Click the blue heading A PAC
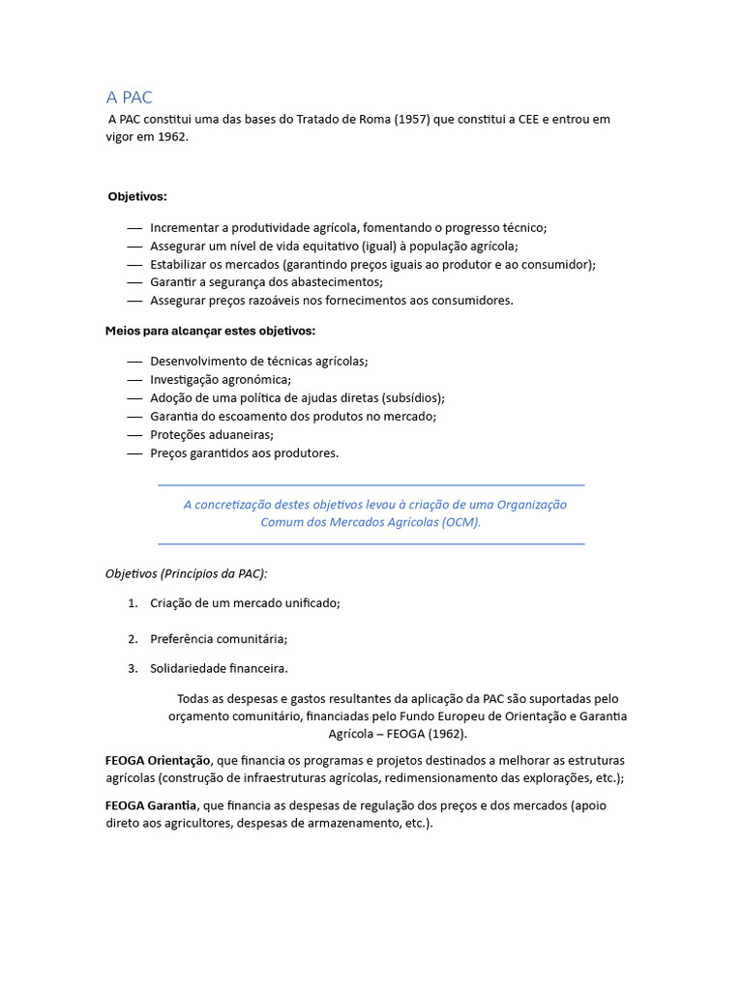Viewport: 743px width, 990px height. [129, 98]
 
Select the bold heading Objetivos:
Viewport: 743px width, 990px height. [137, 196]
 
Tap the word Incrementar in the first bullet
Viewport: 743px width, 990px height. [185, 227]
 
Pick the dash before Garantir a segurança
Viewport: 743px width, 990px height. [134, 282]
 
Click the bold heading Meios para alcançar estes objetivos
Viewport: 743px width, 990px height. [210, 331]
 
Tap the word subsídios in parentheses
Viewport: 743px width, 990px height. [414, 397]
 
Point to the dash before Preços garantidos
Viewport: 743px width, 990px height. [134, 452]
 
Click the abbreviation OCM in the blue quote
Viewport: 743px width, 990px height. [459, 522]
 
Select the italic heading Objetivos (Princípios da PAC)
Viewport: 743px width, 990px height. [186, 573]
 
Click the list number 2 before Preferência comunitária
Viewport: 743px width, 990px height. [133, 639]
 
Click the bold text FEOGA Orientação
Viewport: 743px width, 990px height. [158, 760]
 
